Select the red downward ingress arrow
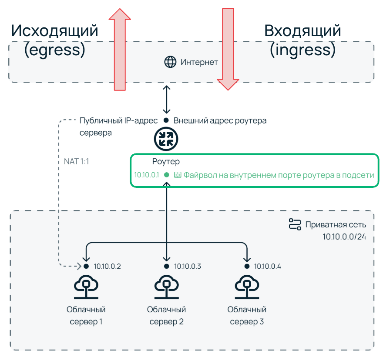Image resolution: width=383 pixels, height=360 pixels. [x=228, y=48]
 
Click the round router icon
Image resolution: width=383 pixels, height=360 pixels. [x=166, y=139]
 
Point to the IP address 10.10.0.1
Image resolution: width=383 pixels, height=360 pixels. [x=147, y=175]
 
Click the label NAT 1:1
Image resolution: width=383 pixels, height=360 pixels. [x=77, y=161]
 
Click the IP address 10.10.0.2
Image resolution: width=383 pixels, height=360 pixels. [x=107, y=267]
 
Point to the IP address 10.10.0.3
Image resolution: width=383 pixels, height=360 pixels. [x=188, y=267]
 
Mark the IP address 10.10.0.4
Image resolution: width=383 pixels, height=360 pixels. [x=268, y=267]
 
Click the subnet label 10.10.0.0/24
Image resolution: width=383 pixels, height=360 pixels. [x=344, y=237]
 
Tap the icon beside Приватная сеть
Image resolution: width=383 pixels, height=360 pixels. [x=295, y=225]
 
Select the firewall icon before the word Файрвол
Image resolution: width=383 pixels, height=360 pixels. [x=178, y=175]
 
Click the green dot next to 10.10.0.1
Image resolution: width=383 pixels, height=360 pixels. [x=166, y=175]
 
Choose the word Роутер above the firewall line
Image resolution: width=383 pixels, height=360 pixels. [x=166, y=162]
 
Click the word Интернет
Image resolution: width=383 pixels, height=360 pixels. [x=199, y=62]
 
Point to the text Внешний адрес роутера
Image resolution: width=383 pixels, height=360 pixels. [x=220, y=120]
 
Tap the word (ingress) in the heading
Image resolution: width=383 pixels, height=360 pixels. [x=302, y=50]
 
